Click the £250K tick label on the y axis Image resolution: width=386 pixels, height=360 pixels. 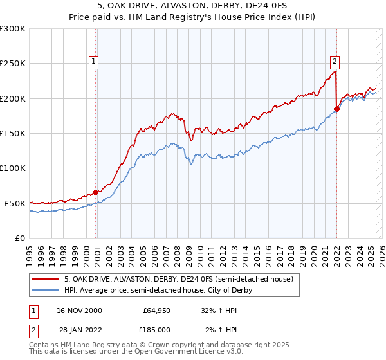[x=13, y=64]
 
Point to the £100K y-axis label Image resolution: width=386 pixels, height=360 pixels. [x=13, y=168]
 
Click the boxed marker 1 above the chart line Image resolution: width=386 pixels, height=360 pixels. [x=94, y=62]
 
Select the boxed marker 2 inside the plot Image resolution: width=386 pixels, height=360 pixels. [x=335, y=62]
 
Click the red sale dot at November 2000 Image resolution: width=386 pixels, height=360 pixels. [x=96, y=192]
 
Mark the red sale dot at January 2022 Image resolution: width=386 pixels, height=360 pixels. [x=336, y=109]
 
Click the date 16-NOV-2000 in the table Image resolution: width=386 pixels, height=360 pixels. [x=79, y=310]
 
